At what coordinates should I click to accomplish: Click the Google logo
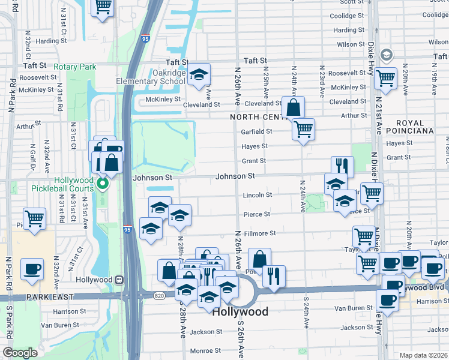pos(20,353)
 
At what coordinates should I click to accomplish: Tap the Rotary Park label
pos(75,67)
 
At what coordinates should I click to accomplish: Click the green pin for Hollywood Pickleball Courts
pos(102,182)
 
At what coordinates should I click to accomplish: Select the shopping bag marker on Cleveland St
pos(293,108)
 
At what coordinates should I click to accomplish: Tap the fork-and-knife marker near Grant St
pos(342,166)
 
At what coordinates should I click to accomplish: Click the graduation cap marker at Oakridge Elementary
pos(198,75)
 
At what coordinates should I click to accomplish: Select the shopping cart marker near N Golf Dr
pos(34,218)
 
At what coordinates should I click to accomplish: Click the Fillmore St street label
pos(259,233)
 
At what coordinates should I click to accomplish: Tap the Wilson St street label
pos(351,44)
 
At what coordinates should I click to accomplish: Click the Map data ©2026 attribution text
pos(423,355)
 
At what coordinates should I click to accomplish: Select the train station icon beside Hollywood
pos(119,280)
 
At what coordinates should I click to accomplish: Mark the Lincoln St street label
pos(258,195)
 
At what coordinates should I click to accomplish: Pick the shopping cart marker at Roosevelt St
pos(385,77)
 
